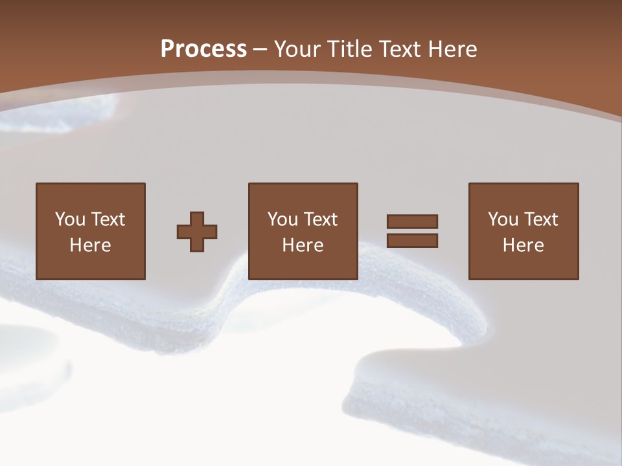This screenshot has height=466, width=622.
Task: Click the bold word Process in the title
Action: point(203,49)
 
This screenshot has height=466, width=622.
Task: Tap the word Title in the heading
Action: point(351,49)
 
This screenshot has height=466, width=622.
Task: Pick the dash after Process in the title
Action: point(260,50)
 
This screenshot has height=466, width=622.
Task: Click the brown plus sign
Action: point(197,231)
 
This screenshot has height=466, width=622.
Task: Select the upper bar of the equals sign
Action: point(412,221)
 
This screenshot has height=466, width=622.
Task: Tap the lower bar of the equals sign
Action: point(412,240)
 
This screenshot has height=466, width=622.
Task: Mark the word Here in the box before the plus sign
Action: point(90,245)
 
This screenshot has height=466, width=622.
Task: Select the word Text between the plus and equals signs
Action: point(319,219)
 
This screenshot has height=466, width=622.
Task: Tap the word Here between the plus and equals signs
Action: point(303,245)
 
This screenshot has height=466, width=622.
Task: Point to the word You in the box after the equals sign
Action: point(503,219)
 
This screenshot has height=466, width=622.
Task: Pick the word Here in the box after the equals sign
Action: point(523,245)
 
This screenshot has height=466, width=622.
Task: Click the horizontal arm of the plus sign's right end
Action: point(212,231)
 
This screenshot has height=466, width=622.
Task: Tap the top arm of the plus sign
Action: point(197,217)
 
